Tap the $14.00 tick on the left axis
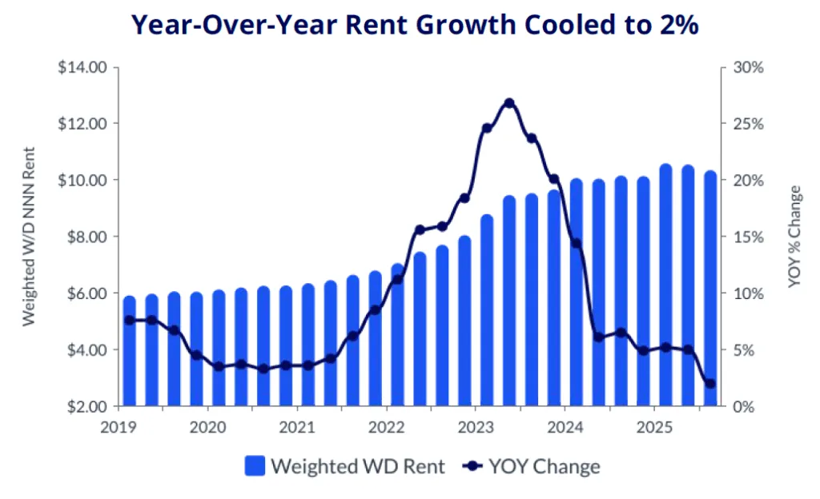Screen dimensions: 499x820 [x=82, y=67]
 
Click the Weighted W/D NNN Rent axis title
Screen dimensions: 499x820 [x=29, y=236]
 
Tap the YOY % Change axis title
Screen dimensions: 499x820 [x=794, y=237]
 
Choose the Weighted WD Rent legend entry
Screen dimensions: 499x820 [x=345, y=465]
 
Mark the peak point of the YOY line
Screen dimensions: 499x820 [x=508, y=103]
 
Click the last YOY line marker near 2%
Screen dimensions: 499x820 [x=709, y=384]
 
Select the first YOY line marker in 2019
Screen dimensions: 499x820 [x=129, y=320]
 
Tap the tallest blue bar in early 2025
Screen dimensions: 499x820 [x=665, y=285]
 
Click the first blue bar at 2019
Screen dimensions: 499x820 [x=129, y=352]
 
